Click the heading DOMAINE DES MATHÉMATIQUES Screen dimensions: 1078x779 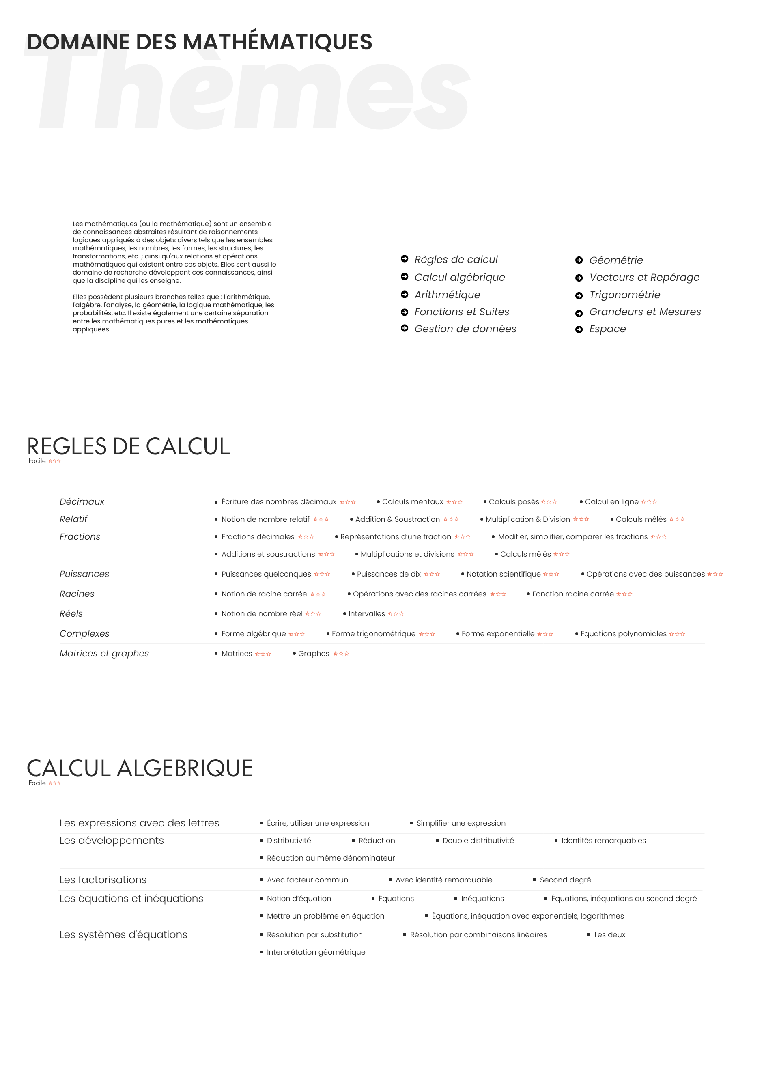[x=199, y=42]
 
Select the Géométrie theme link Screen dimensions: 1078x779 [x=615, y=260]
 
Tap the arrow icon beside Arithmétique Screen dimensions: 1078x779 [x=404, y=294]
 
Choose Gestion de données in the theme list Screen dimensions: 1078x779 [x=465, y=329]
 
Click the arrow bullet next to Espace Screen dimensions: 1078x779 [x=579, y=329]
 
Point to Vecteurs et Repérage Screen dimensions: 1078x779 [x=644, y=277]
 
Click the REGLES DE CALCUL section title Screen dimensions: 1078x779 [x=128, y=446]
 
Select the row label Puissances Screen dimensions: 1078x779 [x=84, y=574]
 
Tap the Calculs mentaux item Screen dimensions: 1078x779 [x=412, y=501]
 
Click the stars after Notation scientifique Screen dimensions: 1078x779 [x=551, y=574]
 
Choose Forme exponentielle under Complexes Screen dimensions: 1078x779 [x=498, y=634]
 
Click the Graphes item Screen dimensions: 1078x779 [x=313, y=654]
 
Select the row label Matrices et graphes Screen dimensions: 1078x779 [x=104, y=654]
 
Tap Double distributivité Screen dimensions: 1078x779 [x=478, y=840]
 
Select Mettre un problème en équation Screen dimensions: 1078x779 [x=325, y=916]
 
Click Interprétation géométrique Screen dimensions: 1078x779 [x=316, y=952]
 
